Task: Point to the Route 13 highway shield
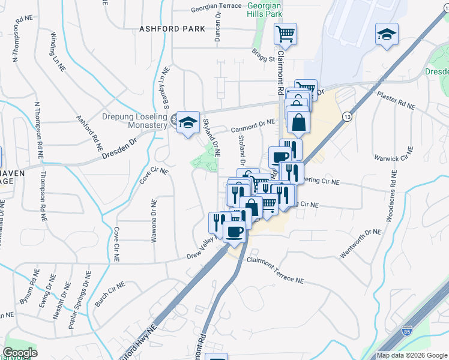pyautogui.click(x=346, y=116)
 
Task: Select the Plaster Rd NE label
pyautogui.click(x=396, y=100)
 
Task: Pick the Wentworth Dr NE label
pyautogui.click(x=361, y=244)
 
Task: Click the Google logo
pyautogui.click(x=20, y=353)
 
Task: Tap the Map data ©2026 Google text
pyautogui.click(x=412, y=355)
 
